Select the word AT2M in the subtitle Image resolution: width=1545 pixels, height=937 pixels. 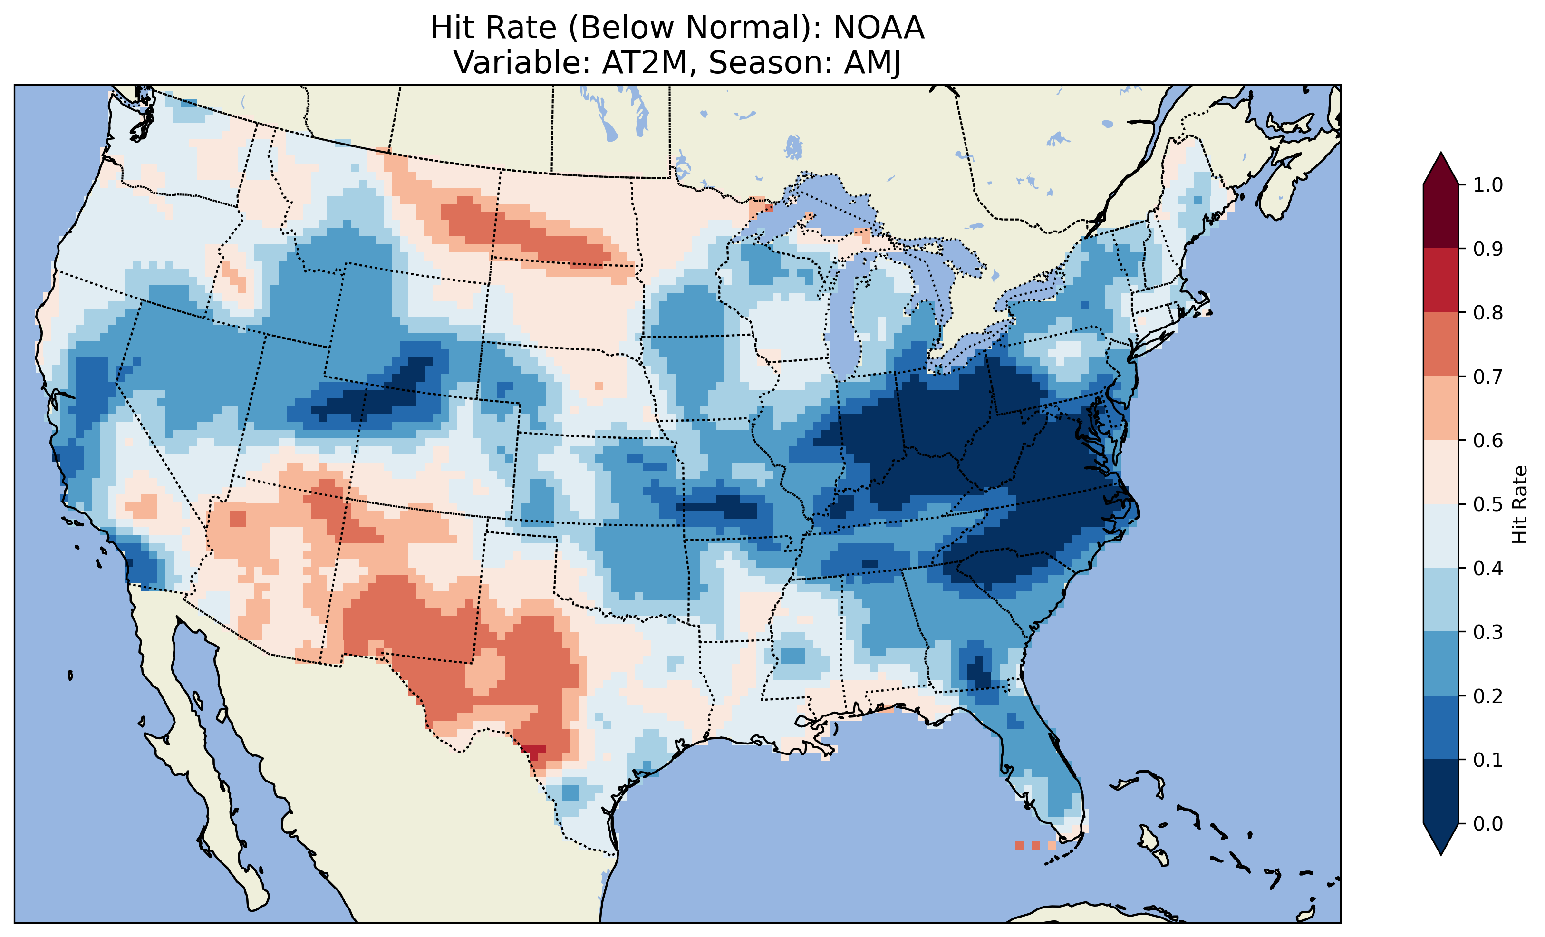(645, 63)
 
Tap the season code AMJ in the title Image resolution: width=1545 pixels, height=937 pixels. (872, 63)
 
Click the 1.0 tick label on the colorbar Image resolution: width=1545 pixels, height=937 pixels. (1488, 185)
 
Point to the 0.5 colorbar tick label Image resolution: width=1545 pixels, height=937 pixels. (1488, 504)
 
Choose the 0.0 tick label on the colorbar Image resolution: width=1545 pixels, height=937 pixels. (1488, 823)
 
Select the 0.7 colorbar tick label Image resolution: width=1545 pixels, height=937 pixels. (1488, 377)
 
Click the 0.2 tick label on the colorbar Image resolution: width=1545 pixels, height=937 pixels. (1488, 696)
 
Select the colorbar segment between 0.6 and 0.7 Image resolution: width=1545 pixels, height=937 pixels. (1441, 408)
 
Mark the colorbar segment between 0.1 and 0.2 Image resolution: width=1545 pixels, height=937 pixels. (1441, 727)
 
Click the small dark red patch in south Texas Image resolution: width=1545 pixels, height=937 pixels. (534, 751)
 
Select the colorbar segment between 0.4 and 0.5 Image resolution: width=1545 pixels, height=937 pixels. (1441, 536)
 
